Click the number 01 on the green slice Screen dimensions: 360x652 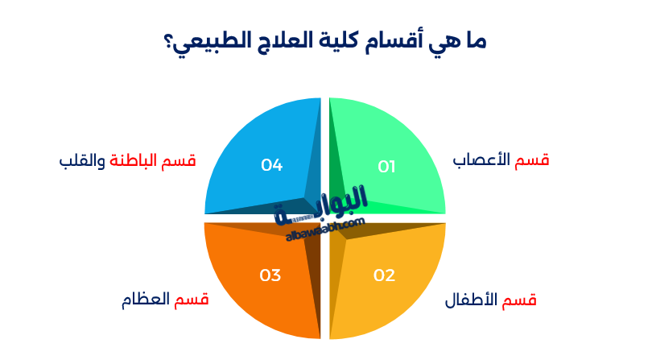(x=387, y=167)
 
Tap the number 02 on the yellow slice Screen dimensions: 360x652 (x=385, y=275)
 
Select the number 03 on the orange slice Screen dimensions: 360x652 (x=270, y=275)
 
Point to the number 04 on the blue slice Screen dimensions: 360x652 (x=272, y=165)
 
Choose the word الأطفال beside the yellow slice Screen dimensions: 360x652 (x=472, y=301)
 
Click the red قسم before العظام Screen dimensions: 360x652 (x=192, y=300)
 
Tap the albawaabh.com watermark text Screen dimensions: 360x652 (x=325, y=229)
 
